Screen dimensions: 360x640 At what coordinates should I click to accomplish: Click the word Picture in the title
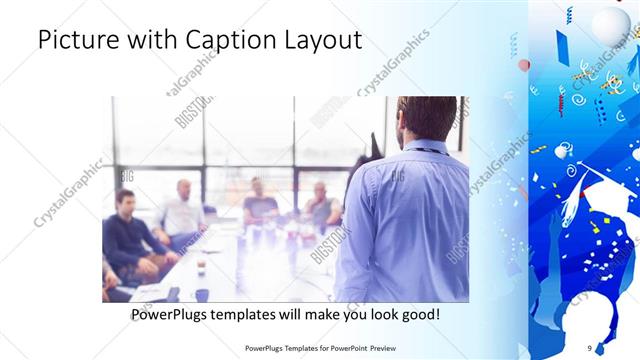pos(79,41)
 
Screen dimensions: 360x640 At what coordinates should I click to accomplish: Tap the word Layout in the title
pos(319,41)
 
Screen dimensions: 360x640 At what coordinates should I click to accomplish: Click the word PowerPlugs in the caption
pos(172,315)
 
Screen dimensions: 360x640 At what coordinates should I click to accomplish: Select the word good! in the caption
pos(417,315)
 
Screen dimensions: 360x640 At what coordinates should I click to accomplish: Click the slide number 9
pos(589,348)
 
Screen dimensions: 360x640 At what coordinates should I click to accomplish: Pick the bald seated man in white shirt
pos(181,209)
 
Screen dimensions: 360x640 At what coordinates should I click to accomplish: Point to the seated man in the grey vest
pos(321,205)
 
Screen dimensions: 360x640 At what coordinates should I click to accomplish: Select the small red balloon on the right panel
pos(524,65)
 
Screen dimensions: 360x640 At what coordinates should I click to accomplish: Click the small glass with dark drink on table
pos(201,267)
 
